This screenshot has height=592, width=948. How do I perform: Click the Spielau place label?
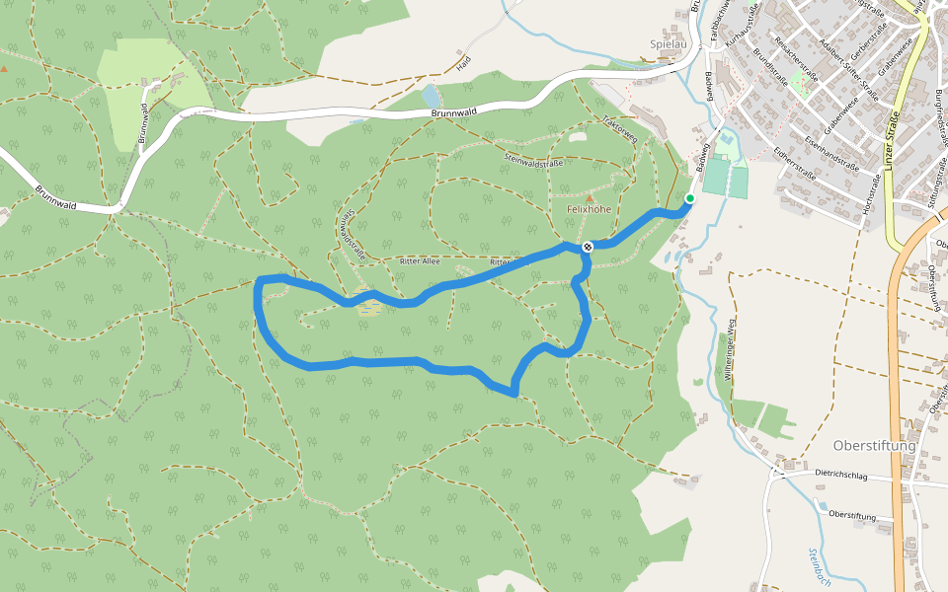coord(669,44)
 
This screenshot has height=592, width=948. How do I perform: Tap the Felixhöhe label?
coord(591,210)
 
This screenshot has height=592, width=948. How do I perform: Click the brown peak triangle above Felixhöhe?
coord(592,197)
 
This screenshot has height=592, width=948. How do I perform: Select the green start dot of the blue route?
coord(689,199)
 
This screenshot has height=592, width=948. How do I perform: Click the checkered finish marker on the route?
coord(587,246)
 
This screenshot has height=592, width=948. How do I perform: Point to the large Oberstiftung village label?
coord(874,445)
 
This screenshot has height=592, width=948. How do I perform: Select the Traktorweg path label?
coord(619,129)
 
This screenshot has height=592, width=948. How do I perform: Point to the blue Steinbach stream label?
coord(817,567)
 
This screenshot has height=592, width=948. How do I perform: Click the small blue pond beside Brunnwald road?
coord(430,96)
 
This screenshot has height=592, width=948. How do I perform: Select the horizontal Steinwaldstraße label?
coord(533,159)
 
